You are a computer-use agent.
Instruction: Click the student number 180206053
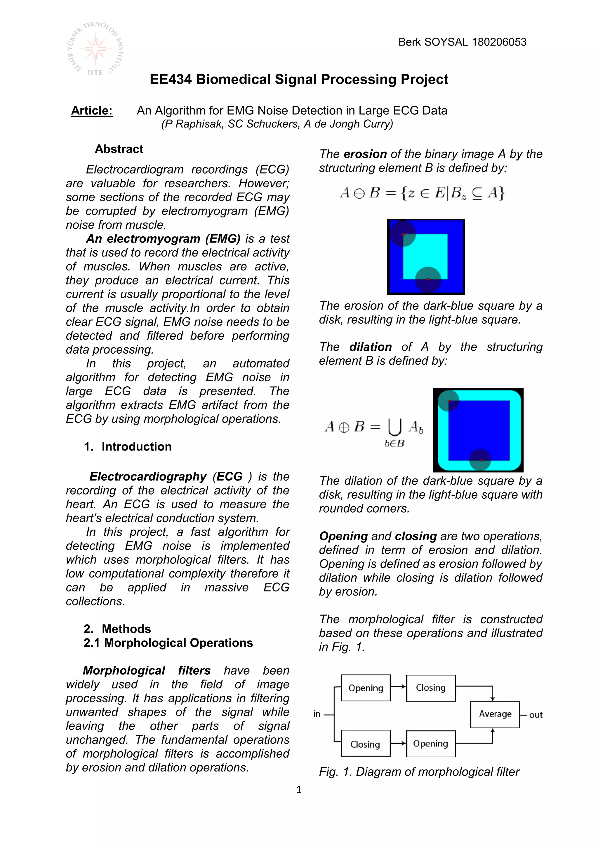pyautogui.click(x=499, y=42)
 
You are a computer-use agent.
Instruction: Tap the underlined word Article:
pyautogui.click(x=92, y=110)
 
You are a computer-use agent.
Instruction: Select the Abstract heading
pyautogui.click(x=119, y=149)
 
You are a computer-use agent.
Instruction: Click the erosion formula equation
pyautogui.click(x=422, y=193)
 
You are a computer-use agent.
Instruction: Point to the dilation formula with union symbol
pyautogui.click(x=374, y=431)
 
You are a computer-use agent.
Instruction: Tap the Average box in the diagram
pyautogui.click(x=495, y=714)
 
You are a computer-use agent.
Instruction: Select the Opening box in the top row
pyautogui.click(x=366, y=688)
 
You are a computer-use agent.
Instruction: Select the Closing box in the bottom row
pyautogui.click(x=365, y=744)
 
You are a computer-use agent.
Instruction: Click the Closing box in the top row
pyautogui.click(x=430, y=688)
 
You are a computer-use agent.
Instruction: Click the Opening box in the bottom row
pyautogui.click(x=430, y=744)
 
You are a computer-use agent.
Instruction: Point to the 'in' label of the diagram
pyautogui.click(x=317, y=714)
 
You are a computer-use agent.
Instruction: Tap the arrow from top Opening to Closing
pyautogui.click(x=398, y=686)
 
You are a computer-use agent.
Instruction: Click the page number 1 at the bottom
pyautogui.click(x=299, y=790)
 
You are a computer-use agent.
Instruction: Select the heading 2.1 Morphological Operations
pyautogui.click(x=168, y=643)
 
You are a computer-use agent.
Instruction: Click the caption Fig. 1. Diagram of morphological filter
pyautogui.click(x=419, y=772)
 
